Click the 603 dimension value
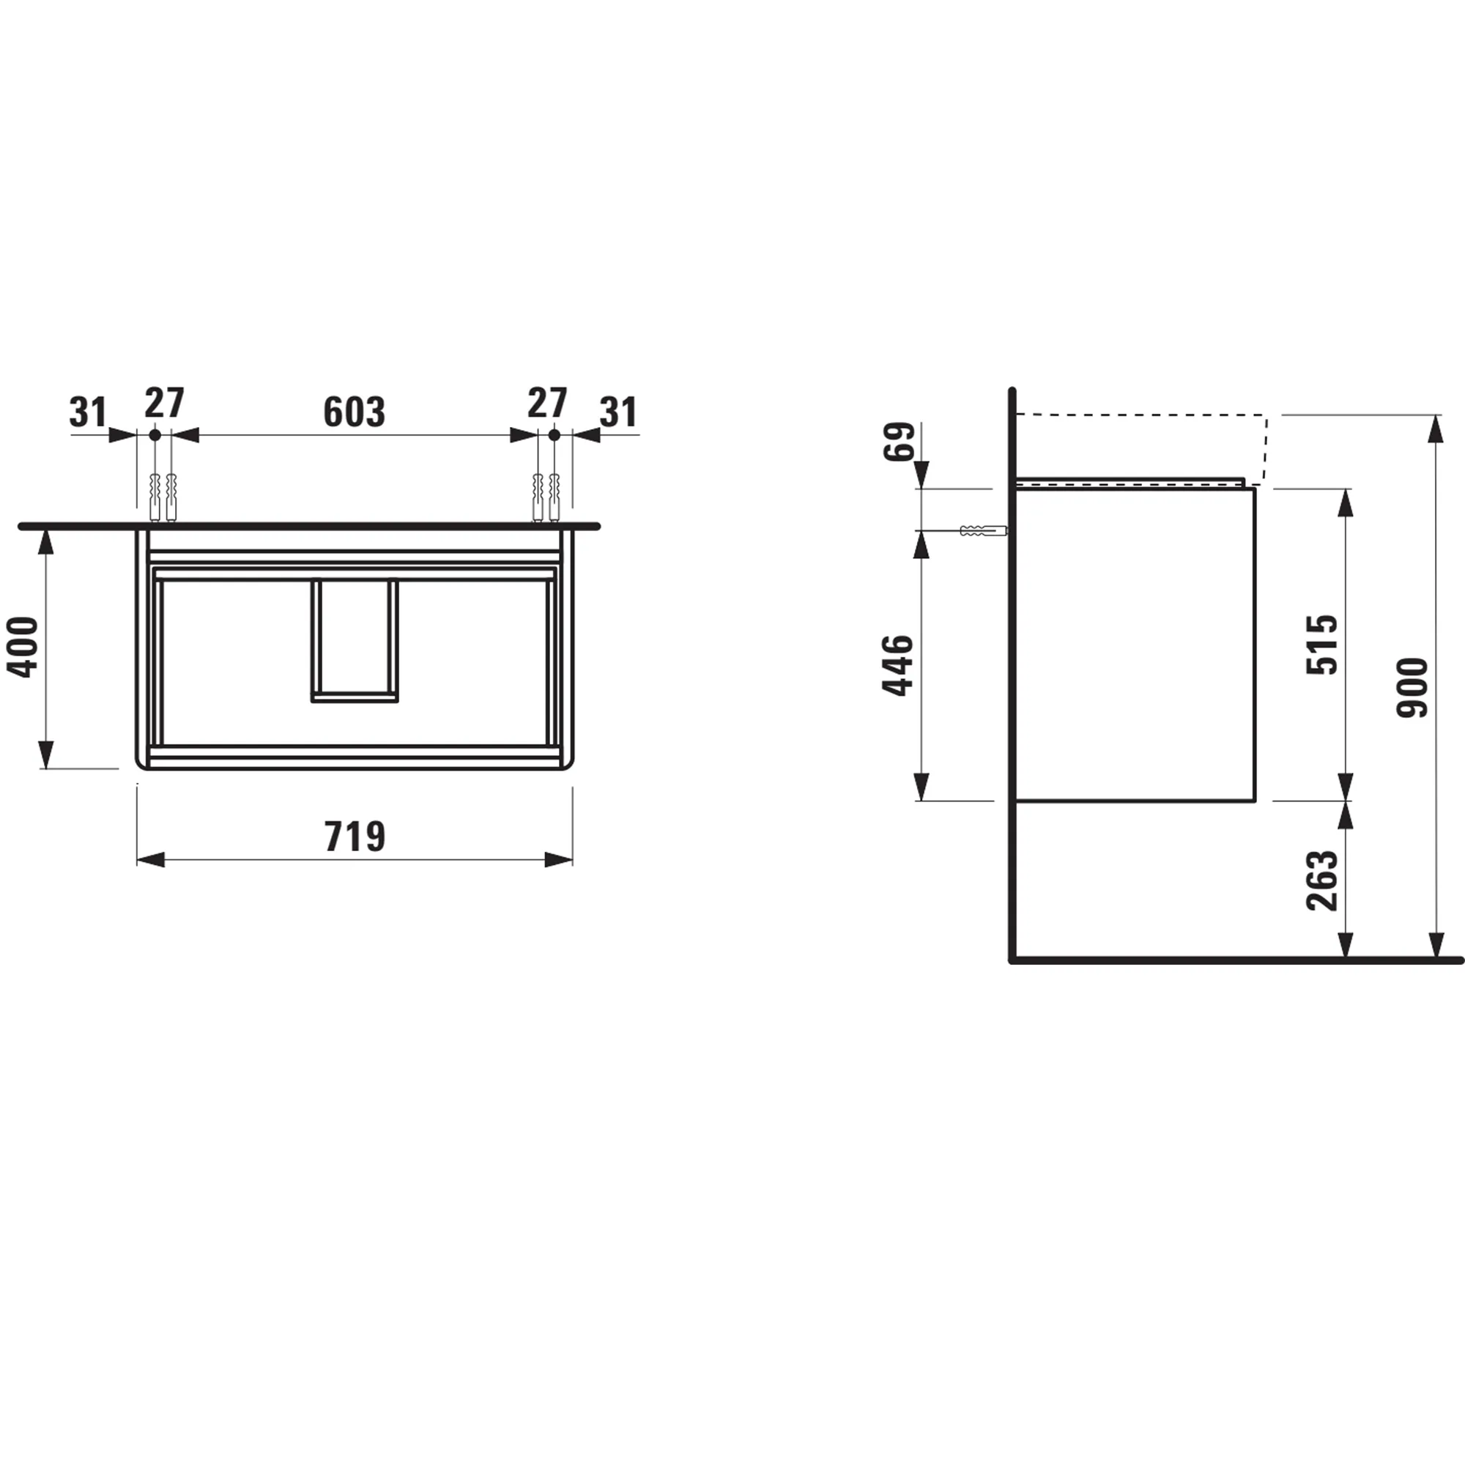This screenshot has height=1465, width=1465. tap(354, 412)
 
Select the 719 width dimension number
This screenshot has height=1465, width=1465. tap(354, 837)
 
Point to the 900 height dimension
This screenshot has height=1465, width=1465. tap(1412, 688)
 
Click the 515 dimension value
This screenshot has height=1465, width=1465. tap(1321, 645)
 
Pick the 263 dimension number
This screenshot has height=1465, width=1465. tap(1321, 880)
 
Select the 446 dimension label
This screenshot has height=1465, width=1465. tap(898, 665)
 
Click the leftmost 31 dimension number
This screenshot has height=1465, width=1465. tap(88, 412)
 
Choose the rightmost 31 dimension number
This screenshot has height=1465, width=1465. tap(618, 412)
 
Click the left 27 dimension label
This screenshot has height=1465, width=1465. tap(165, 404)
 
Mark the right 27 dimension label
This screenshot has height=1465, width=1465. tap(547, 404)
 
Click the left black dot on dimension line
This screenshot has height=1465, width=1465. tap(155, 435)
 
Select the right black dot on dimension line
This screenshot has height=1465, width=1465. tap(555, 435)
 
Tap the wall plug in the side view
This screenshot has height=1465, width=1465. tap(983, 531)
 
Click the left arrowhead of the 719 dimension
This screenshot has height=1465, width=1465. tap(151, 860)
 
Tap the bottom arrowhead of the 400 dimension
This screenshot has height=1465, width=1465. tap(47, 755)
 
